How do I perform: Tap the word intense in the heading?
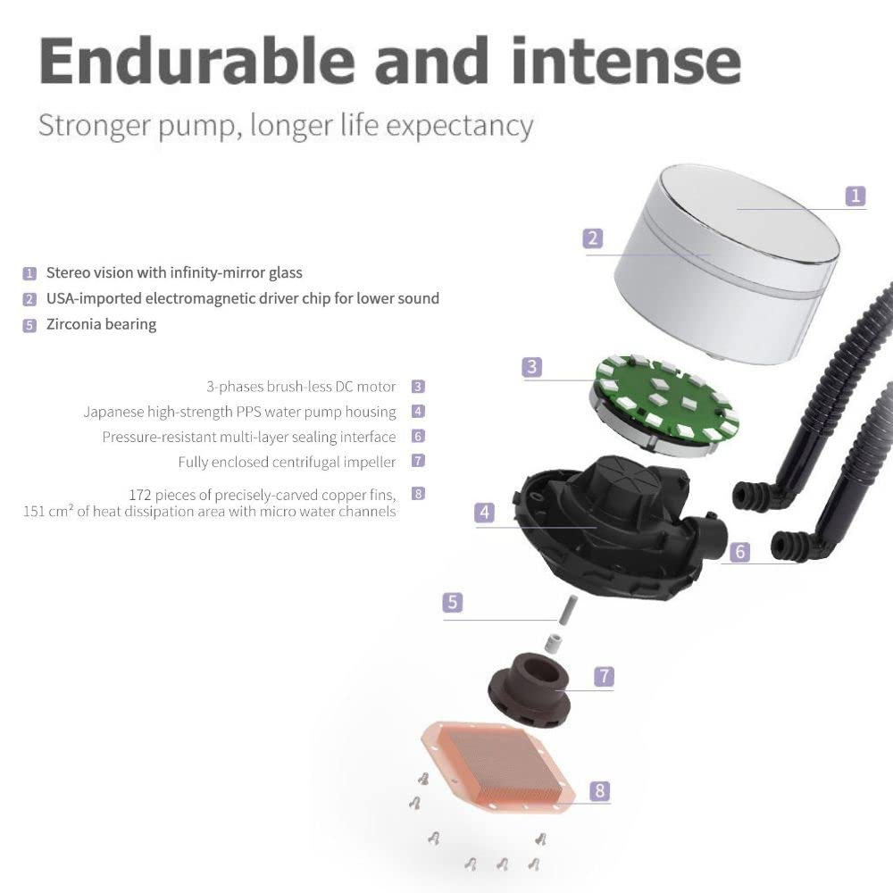point(627,61)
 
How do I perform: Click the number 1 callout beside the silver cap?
point(855,196)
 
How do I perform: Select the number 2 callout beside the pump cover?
point(593,238)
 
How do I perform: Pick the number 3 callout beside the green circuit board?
point(532,367)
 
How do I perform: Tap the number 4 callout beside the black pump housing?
point(485,512)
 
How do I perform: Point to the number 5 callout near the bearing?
point(453,602)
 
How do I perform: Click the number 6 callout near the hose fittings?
point(739,552)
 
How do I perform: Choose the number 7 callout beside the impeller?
point(605,677)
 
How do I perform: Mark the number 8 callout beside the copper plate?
point(600,790)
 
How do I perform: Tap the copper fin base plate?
point(497,766)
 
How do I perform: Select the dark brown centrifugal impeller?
point(530,689)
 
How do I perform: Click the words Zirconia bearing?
point(102,324)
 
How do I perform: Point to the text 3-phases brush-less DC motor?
point(301,387)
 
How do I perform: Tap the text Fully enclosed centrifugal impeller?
point(287,462)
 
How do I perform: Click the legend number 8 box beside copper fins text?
point(418,494)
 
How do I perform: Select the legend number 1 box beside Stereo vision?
point(29,273)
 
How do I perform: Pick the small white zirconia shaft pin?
point(566,610)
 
